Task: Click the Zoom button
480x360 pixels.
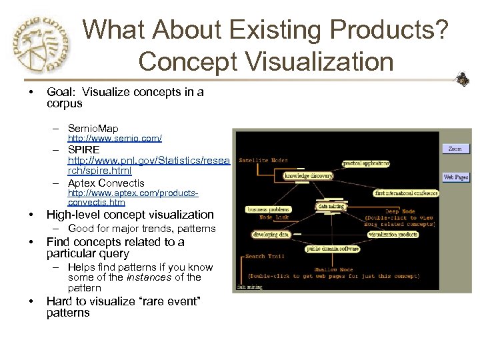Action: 455,149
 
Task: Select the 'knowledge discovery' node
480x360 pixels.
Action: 309,176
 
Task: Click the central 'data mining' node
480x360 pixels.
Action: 331,207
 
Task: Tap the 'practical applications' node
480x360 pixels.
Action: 365,163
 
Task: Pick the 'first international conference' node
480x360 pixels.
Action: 406,193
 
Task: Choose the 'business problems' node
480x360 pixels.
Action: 267,209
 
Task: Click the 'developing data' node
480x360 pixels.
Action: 271,235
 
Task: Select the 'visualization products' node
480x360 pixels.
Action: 393,235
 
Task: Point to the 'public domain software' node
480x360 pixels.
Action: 332,249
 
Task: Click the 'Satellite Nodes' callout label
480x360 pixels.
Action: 264,160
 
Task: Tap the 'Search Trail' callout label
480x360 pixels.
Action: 265,256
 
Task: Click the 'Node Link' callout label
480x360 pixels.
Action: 274,217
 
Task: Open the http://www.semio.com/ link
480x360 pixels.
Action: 115,138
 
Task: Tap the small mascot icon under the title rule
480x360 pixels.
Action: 461,80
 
